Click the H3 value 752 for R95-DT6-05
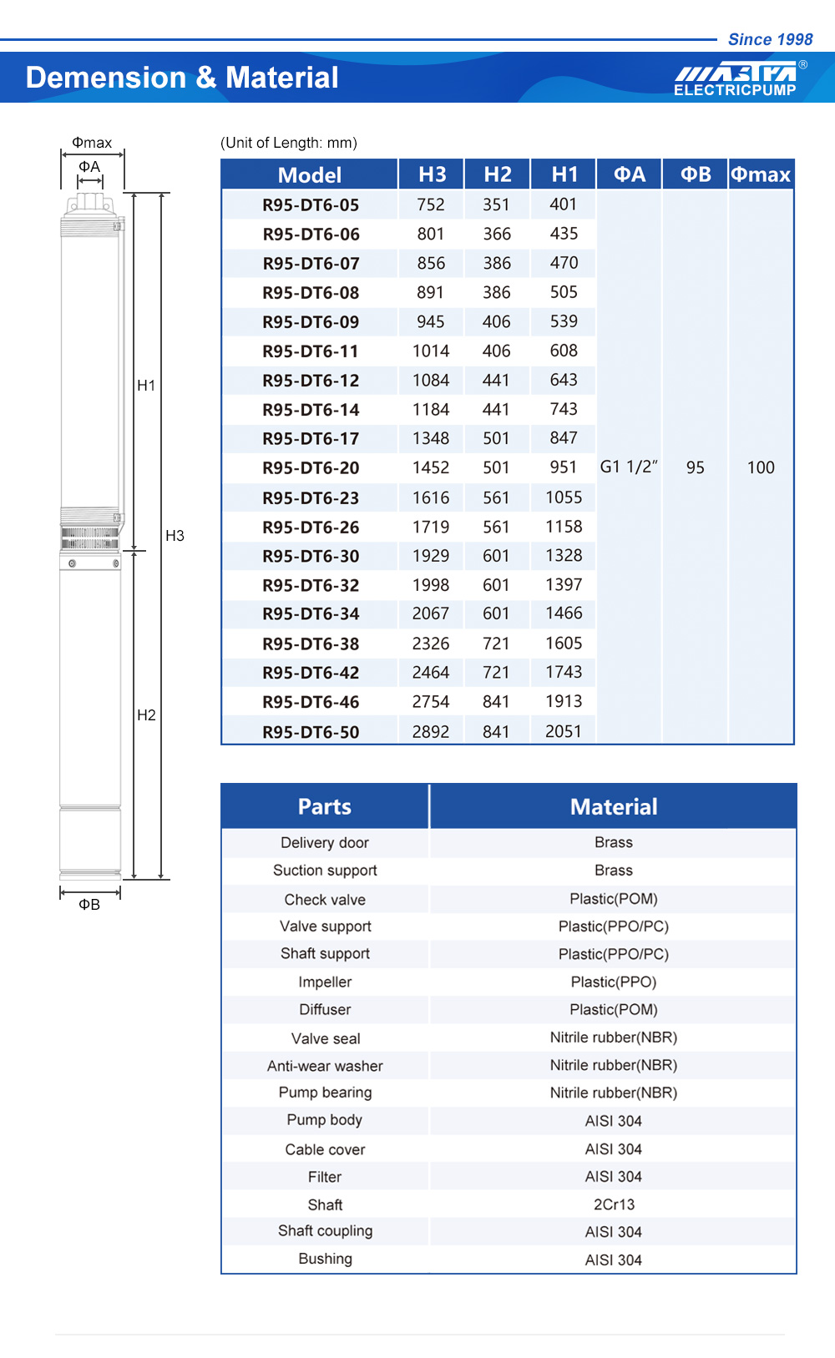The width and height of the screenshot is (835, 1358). click(x=431, y=204)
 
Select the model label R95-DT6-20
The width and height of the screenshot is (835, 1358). click(x=311, y=468)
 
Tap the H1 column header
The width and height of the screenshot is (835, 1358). click(x=564, y=174)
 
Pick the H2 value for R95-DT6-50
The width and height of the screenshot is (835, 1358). click(x=496, y=732)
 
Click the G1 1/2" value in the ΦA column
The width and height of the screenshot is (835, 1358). click(x=629, y=467)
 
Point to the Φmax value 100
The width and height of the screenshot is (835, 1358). click(x=761, y=467)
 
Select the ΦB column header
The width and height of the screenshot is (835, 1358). click(x=696, y=174)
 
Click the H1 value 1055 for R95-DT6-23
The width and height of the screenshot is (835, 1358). click(x=564, y=497)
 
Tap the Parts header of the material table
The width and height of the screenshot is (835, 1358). click(x=325, y=806)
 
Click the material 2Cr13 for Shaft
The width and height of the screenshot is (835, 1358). click(x=614, y=1204)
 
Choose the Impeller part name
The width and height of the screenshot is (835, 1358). click(x=325, y=982)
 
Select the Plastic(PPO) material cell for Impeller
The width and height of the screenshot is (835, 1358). click(x=614, y=982)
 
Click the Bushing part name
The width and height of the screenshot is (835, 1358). click(x=325, y=1259)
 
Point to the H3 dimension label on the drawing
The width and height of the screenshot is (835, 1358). click(x=175, y=536)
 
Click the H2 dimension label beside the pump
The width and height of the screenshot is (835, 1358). click(x=146, y=715)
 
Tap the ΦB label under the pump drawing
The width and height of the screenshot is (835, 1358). click(x=89, y=905)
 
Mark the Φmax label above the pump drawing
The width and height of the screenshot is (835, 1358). click(x=92, y=143)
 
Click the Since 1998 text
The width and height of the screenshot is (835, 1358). click(x=770, y=39)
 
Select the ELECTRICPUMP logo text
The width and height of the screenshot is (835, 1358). click(x=735, y=90)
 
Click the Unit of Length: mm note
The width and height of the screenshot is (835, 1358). click(x=289, y=143)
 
